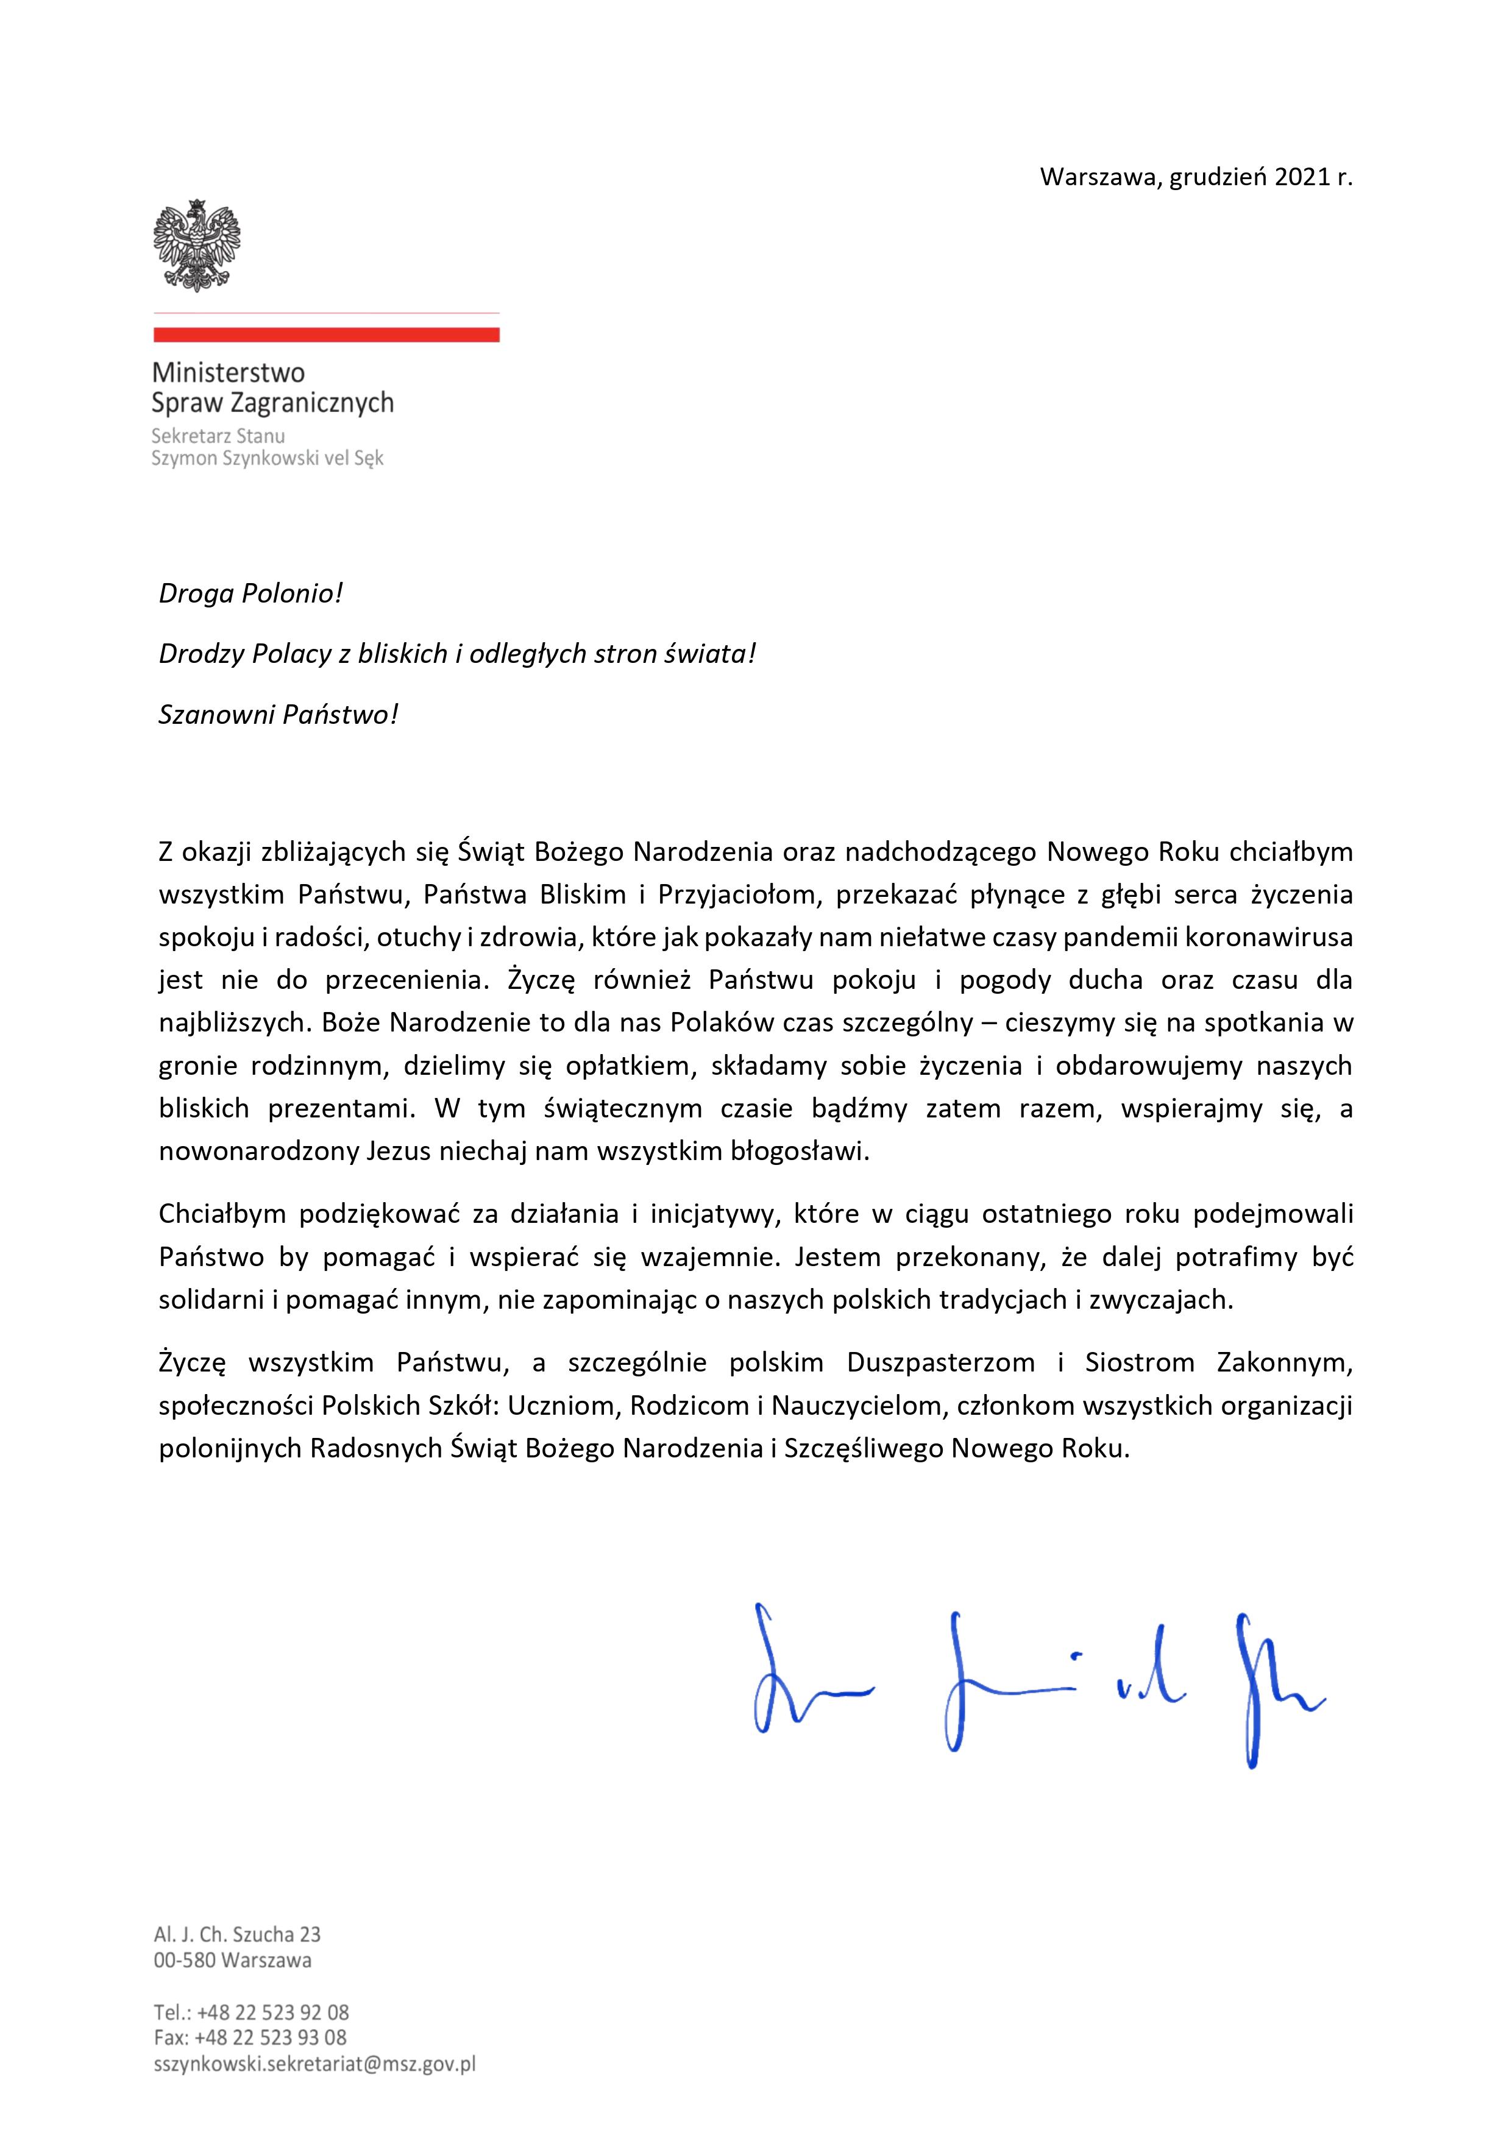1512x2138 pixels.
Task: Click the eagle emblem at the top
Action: [x=197, y=245]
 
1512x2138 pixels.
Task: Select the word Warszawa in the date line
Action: [x=1096, y=177]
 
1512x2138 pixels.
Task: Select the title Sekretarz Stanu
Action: [x=218, y=435]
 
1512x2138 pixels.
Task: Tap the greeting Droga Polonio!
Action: [x=250, y=593]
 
